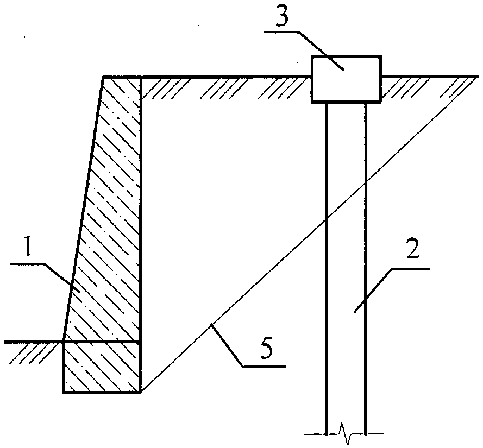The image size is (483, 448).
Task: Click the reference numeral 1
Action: pyautogui.click(x=28, y=247)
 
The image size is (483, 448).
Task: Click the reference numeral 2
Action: pyautogui.click(x=412, y=249)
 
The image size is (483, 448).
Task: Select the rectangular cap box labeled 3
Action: pyautogui.click(x=346, y=79)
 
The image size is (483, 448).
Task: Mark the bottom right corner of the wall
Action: pyautogui.click(x=141, y=392)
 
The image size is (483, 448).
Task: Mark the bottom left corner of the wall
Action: pyautogui.click(x=64, y=393)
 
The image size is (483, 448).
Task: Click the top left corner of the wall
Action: pyautogui.click(x=103, y=77)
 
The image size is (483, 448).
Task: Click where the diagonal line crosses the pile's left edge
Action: pyautogui.click(x=326, y=219)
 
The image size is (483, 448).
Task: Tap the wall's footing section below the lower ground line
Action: pyautogui.click(x=102, y=367)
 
